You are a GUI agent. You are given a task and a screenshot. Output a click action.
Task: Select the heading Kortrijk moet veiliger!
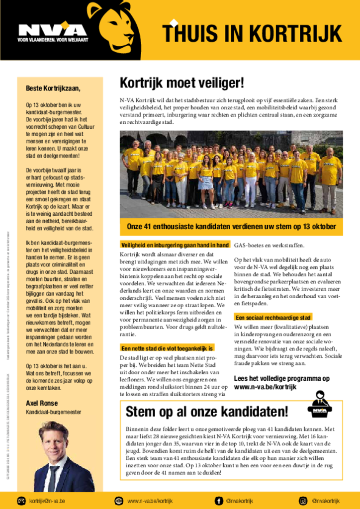coord(181,83)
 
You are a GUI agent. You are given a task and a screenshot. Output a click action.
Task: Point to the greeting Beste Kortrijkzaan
coord(53,88)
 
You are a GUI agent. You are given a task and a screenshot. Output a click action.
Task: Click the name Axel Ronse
coord(42,403)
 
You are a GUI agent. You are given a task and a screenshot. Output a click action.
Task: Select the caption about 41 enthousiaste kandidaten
coord(231,227)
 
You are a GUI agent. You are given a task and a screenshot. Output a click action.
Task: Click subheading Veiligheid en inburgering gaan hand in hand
coord(175,245)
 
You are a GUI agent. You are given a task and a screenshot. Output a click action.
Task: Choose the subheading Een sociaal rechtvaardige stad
coord(273,317)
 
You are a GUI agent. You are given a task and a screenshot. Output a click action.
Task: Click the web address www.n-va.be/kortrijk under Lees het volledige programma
coord(265,387)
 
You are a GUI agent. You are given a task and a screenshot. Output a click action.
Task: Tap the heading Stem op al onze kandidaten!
coord(206,412)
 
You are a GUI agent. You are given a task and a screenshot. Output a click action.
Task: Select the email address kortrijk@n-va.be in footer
coord(47,501)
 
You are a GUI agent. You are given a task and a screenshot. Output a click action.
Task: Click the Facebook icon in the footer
coord(219,501)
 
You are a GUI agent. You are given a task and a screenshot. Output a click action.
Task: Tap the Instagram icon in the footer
coord(303,501)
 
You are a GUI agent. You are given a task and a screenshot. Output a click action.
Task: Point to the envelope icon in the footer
coord(21,501)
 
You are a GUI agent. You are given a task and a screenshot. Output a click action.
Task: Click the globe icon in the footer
coord(118,501)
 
